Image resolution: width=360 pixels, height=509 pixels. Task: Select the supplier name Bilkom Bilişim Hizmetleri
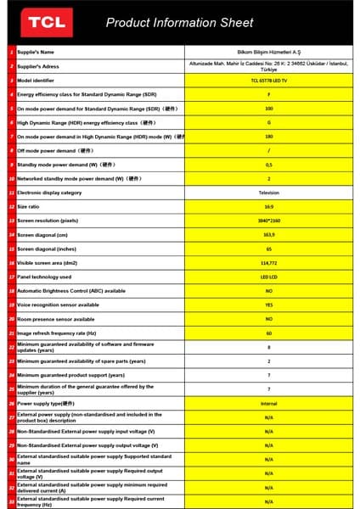click(268, 52)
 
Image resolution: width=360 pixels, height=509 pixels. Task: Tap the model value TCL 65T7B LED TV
click(268, 81)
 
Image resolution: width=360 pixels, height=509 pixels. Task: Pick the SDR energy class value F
click(268, 95)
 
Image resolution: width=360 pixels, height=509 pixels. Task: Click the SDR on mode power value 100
click(268, 109)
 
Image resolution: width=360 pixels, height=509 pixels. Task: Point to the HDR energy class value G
click(268, 122)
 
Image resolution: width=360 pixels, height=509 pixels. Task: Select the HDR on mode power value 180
click(268, 136)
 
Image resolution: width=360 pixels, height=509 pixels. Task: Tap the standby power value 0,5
click(268, 165)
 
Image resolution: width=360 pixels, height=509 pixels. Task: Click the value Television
click(268, 193)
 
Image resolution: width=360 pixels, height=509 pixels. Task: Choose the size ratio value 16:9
click(268, 206)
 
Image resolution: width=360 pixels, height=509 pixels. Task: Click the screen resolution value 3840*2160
click(268, 221)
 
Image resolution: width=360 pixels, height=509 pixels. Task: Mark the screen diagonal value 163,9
click(268, 235)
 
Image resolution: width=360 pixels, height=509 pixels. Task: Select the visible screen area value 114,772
click(268, 263)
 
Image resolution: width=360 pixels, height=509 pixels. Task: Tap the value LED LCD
click(268, 277)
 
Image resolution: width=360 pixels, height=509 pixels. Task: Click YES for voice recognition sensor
click(268, 305)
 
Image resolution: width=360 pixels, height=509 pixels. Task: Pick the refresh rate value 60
click(268, 333)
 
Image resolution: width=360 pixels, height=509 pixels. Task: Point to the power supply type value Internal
click(268, 403)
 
